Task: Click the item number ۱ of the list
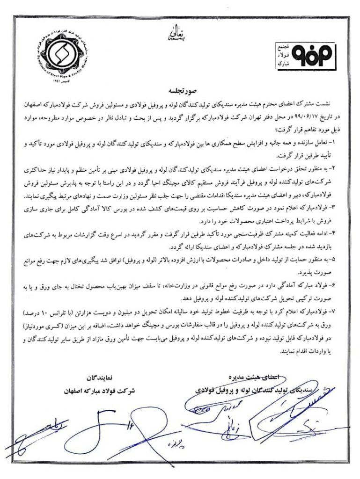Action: (340, 141)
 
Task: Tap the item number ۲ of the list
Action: (340, 167)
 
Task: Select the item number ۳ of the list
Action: (340, 206)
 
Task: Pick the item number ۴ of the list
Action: (340, 232)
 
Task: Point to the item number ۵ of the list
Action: (340, 258)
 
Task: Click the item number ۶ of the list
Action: (340, 284)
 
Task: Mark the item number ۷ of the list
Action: (340, 310)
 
